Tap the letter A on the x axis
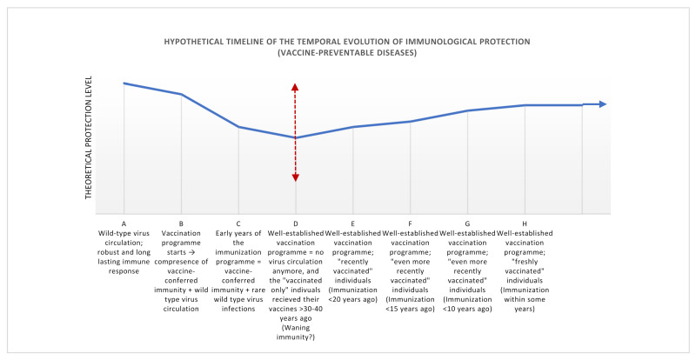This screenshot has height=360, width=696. click(x=124, y=224)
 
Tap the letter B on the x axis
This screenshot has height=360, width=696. click(x=181, y=224)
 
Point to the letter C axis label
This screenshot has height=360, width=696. click(x=238, y=224)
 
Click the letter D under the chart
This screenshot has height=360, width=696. click(x=296, y=224)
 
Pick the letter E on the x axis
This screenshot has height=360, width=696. click(x=352, y=224)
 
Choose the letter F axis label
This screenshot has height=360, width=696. click(x=410, y=224)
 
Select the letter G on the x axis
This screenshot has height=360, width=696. click(x=467, y=224)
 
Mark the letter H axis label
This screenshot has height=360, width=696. click(x=525, y=224)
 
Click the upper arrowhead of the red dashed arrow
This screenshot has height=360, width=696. click(x=296, y=87)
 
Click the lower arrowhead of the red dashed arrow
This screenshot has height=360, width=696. click(x=296, y=177)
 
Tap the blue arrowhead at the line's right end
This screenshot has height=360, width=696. click(x=602, y=104)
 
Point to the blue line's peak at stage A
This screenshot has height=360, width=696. click(x=124, y=83)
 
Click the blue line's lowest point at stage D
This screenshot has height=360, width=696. click(x=296, y=137)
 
